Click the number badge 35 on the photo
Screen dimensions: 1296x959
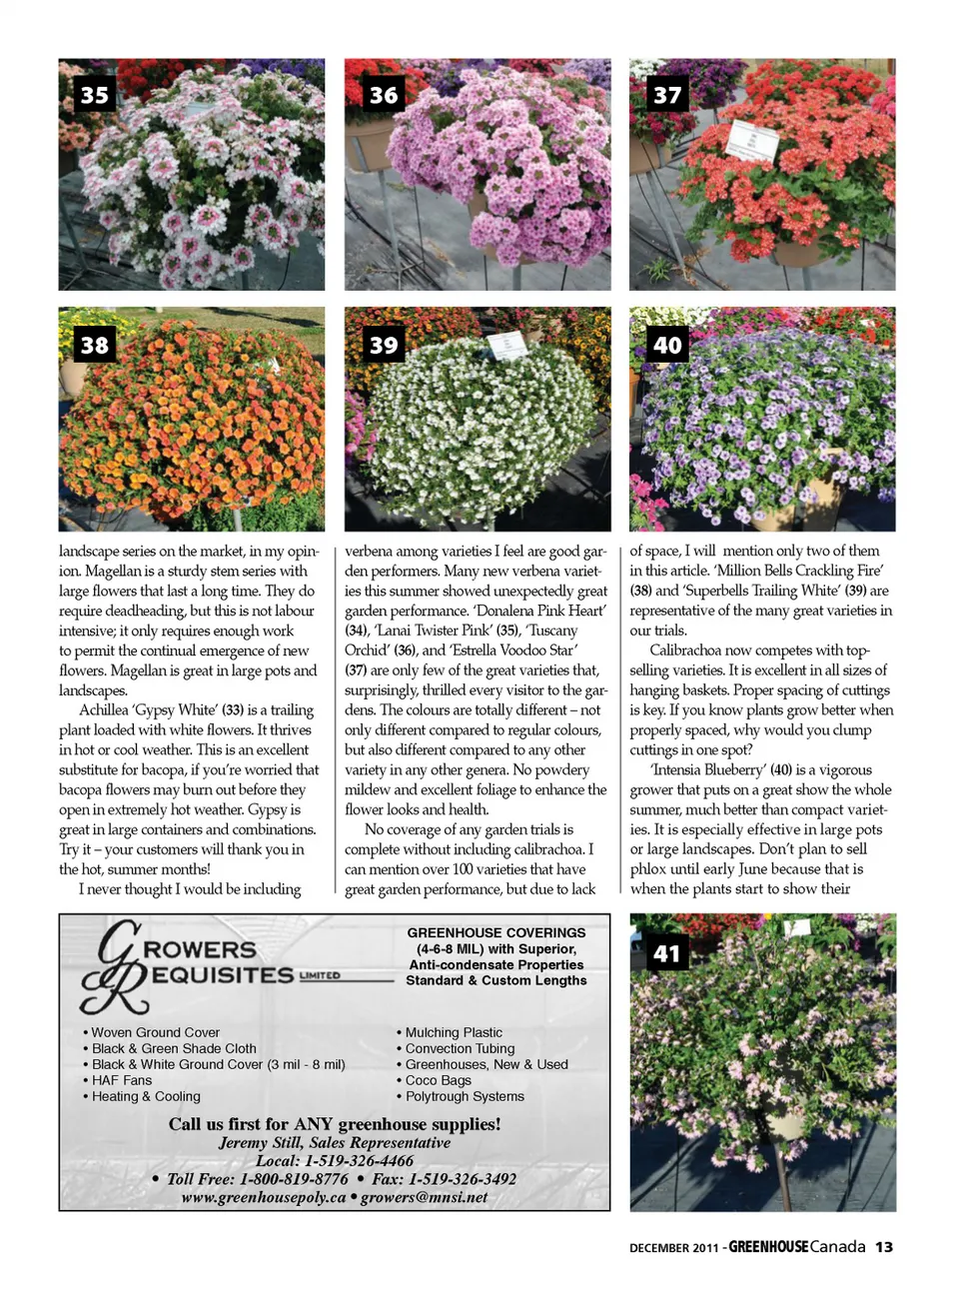click(x=95, y=95)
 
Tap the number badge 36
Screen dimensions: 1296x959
click(x=384, y=95)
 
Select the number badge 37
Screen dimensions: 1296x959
click(x=667, y=95)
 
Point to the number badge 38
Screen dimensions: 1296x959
click(x=95, y=346)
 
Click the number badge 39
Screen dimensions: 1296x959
click(x=384, y=346)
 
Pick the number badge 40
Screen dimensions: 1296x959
click(x=667, y=346)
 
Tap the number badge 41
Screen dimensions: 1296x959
click(x=666, y=954)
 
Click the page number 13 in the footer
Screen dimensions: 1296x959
click(x=884, y=1247)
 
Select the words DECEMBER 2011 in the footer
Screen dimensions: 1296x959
click(x=673, y=1248)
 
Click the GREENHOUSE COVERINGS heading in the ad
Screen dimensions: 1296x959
click(x=496, y=932)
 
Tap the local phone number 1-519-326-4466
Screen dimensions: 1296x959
click(x=359, y=1161)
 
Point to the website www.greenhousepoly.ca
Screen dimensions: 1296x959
click(x=264, y=1197)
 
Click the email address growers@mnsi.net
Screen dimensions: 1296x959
click(x=425, y=1197)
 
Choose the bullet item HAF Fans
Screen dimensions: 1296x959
click(x=122, y=1080)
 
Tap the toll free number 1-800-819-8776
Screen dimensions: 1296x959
click(x=294, y=1179)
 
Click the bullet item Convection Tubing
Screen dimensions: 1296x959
click(x=460, y=1048)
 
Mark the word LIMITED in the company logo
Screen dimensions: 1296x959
click(x=320, y=975)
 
